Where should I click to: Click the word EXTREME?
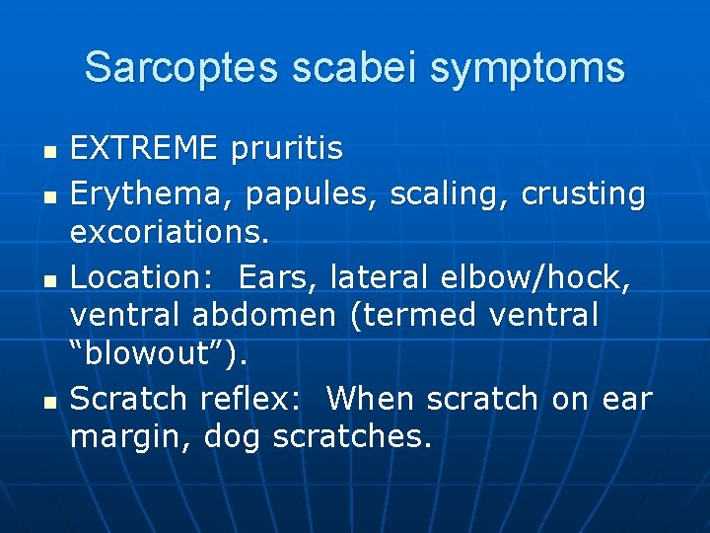144,149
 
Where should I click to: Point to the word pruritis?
286,149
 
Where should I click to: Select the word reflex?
255,398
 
